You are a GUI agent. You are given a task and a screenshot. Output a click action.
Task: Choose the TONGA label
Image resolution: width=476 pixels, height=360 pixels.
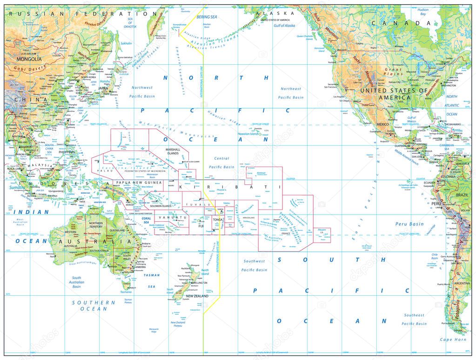[218, 220]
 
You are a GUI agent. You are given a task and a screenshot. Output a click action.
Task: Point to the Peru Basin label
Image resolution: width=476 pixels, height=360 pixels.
[410, 224]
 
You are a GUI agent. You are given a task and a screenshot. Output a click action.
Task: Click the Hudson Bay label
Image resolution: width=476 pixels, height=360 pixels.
[422, 12]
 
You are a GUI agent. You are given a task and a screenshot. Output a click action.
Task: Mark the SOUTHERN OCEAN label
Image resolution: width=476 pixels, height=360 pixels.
[93, 306]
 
